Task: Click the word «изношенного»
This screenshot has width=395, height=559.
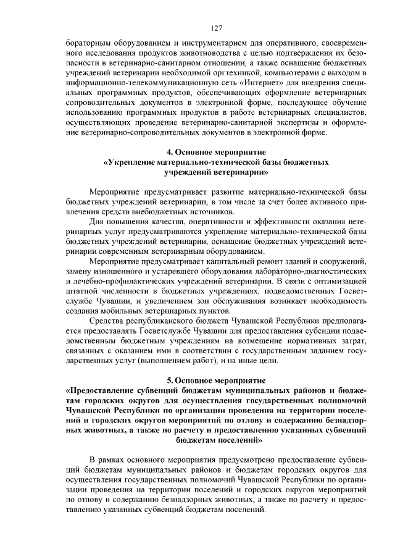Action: coord(118,272)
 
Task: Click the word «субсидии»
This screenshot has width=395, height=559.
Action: coord(323,332)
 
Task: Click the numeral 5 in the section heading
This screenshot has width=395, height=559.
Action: coord(169,380)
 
